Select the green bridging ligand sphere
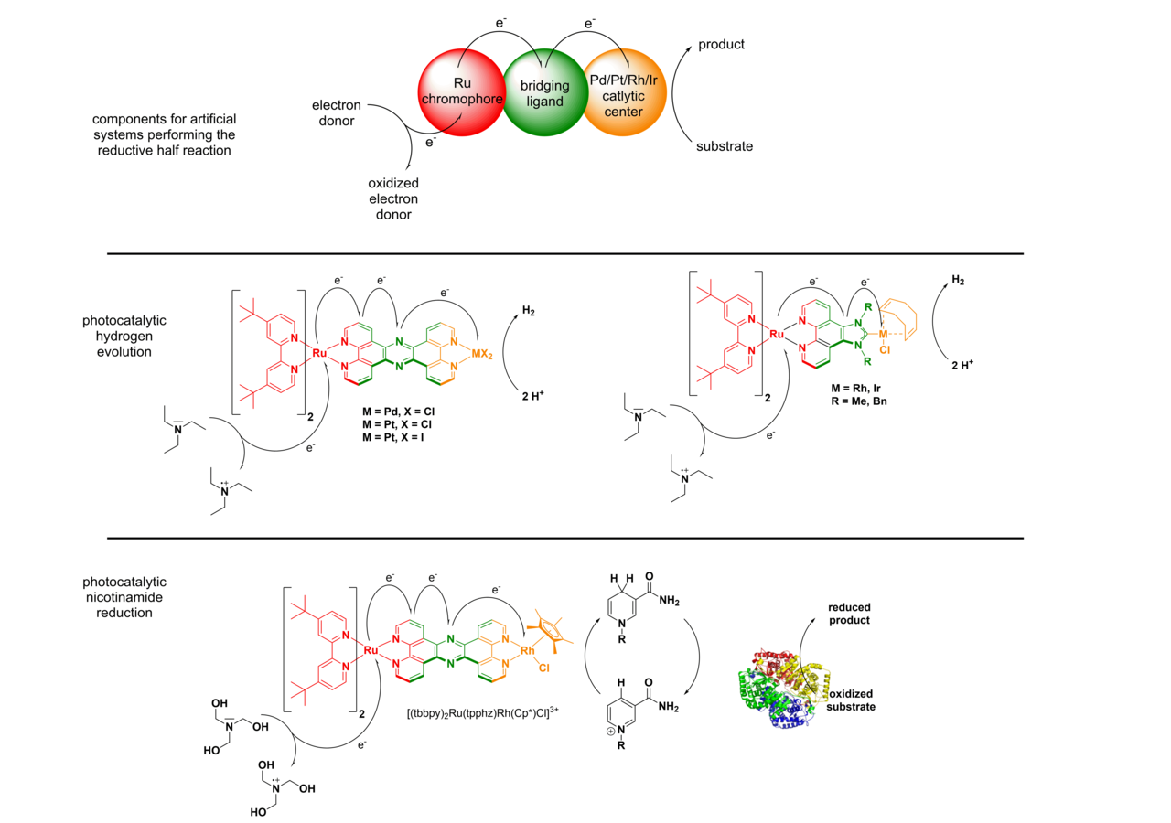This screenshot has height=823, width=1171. [x=544, y=93]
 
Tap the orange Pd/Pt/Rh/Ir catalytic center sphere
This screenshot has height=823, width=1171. [x=624, y=92]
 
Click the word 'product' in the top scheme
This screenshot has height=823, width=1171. [x=721, y=45]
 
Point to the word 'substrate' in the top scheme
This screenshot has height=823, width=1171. [x=724, y=146]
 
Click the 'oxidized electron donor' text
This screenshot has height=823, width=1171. [x=393, y=198]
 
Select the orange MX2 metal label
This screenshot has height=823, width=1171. [x=482, y=354]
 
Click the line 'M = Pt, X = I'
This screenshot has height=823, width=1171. [x=393, y=437]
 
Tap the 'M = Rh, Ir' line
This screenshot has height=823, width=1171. [x=855, y=389]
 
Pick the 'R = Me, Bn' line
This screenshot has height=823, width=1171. [x=859, y=401]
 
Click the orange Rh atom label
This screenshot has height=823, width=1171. [x=527, y=650]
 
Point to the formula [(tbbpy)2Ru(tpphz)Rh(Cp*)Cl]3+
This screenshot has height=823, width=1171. [x=482, y=712]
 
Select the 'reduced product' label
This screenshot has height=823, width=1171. [x=849, y=614]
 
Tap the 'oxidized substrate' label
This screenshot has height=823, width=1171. [x=851, y=700]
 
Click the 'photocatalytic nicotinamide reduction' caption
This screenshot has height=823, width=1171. [x=124, y=597]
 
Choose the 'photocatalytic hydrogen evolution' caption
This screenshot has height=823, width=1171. [x=124, y=336]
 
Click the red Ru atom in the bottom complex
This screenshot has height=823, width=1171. [x=371, y=650]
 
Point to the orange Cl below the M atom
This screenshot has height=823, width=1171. [x=885, y=349]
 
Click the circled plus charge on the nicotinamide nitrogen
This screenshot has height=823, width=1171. [x=610, y=731]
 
